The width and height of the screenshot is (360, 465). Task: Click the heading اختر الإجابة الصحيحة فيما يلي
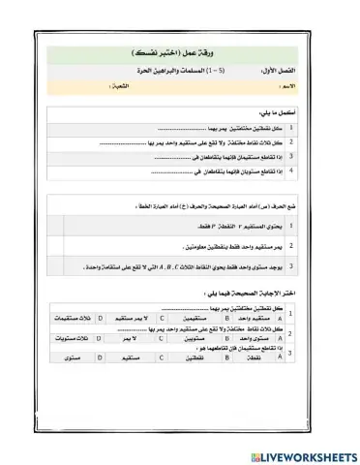click(259, 291)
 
